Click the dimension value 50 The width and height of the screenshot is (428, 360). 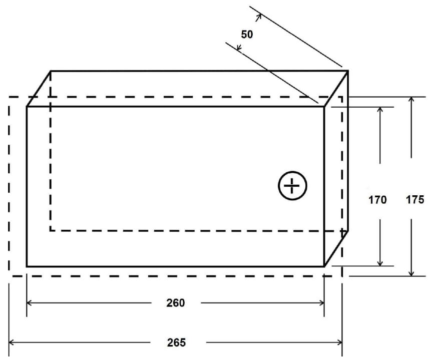coord(247,35)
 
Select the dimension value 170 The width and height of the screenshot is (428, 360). coord(377,200)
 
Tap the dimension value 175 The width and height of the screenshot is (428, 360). coord(415,200)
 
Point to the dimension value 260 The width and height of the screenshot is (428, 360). coord(176,302)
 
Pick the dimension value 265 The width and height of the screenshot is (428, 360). coord(176,342)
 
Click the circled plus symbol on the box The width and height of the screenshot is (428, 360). coord(292,186)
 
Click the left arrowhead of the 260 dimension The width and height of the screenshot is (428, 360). coord(29,302)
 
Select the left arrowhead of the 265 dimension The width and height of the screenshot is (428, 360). coord(12,342)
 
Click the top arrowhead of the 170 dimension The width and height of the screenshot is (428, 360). coord(380,109)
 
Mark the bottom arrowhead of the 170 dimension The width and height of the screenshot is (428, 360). coord(380,264)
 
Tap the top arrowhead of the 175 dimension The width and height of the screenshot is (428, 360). coord(411,99)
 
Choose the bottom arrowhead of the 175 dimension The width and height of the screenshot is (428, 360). coord(411,273)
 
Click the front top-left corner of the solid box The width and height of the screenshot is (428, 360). coord(27,106)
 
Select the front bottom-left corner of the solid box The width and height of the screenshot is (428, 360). coord(27,266)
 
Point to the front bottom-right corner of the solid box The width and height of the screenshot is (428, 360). coord(324,266)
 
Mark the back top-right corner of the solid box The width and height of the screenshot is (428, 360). coord(348,71)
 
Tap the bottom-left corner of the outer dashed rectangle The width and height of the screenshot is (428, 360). coord(9,275)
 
